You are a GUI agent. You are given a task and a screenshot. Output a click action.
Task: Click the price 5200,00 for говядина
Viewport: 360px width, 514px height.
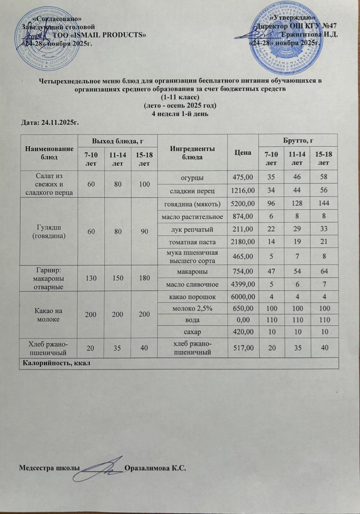tap(243, 204)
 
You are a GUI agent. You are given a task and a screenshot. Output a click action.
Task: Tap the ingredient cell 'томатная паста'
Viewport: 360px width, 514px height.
tap(192, 243)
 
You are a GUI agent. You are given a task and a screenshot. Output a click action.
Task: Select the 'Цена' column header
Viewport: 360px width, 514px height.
tap(243, 153)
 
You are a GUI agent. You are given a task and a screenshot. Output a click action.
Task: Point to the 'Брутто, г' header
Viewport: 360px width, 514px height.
tap(298, 141)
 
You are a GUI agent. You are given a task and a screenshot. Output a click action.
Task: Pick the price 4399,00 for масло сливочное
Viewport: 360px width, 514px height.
tap(243, 285)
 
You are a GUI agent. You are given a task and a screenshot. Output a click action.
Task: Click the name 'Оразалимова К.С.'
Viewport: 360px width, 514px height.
tap(157, 468)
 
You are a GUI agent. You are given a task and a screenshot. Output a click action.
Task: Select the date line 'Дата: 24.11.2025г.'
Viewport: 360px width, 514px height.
tap(49, 122)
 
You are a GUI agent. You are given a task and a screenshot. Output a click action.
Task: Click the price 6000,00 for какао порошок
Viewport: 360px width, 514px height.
tap(243, 297)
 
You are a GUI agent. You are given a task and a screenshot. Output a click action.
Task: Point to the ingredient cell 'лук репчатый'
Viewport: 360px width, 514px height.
tap(192, 230)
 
